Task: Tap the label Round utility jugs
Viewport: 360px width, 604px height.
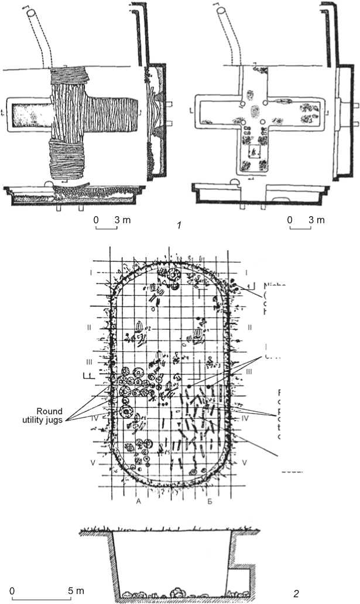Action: [x=73, y=414]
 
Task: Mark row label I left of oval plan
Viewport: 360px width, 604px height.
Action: [x=90, y=272]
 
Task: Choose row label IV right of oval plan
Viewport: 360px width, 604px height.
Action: [x=246, y=419]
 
